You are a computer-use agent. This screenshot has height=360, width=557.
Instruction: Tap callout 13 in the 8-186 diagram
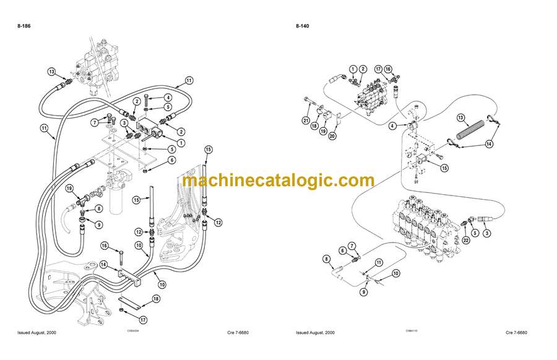coord(51,71)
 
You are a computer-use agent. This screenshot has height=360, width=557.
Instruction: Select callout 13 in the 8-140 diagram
coord(460,117)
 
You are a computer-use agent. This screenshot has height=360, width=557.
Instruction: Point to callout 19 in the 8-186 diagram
coord(69,189)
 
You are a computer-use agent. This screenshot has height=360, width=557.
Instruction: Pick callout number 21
coord(306,119)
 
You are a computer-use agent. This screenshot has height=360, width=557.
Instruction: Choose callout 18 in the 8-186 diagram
coord(156,298)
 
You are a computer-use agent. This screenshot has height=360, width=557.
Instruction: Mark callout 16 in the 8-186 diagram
coord(105,246)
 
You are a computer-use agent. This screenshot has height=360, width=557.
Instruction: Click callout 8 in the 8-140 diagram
coord(327,259)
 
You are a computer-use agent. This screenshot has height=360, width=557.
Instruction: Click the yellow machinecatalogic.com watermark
coord(278,181)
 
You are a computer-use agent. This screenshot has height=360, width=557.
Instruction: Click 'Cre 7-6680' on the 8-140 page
coord(519,333)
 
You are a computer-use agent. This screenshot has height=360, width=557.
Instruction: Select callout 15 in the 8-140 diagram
coord(444,168)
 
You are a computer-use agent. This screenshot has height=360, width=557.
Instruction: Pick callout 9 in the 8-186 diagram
coord(98,224)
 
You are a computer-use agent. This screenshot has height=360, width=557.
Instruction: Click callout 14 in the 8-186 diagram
coord(104,264)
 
